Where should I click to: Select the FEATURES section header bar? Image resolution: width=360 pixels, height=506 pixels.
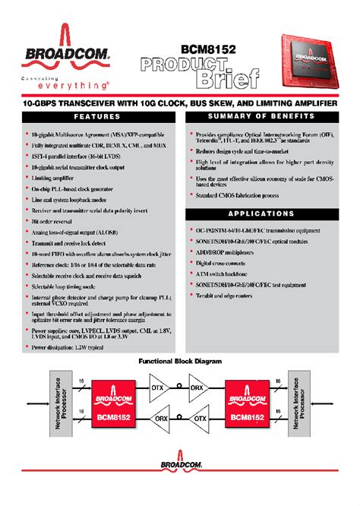91,116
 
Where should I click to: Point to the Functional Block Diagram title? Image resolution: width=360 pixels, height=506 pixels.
179,362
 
